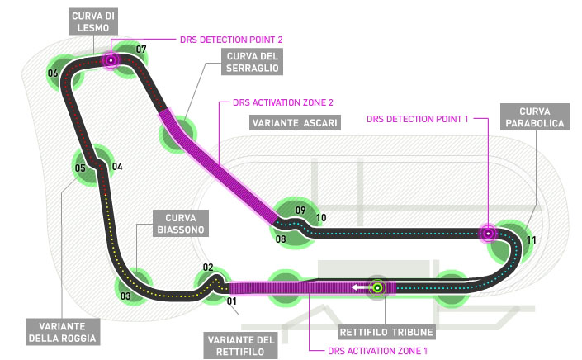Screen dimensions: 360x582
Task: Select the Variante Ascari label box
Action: pos(292,123)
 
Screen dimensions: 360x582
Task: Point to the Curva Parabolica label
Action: pos(542,116)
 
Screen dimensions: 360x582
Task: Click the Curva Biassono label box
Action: pos(177,224)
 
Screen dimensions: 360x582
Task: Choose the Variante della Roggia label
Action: pos(63,330)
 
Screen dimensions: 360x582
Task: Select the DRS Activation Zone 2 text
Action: pos(273,102)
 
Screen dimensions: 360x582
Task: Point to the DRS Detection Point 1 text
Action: pos(418,119)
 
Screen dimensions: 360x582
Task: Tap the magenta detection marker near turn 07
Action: pos(110,60)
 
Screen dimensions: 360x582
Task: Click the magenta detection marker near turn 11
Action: pos(488,234)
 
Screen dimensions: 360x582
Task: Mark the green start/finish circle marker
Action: pos(378,287)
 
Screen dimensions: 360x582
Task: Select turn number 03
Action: pos(125,296)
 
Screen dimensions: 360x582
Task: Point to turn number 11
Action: pos(532,240)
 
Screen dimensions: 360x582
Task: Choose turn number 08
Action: pos(281,239)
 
